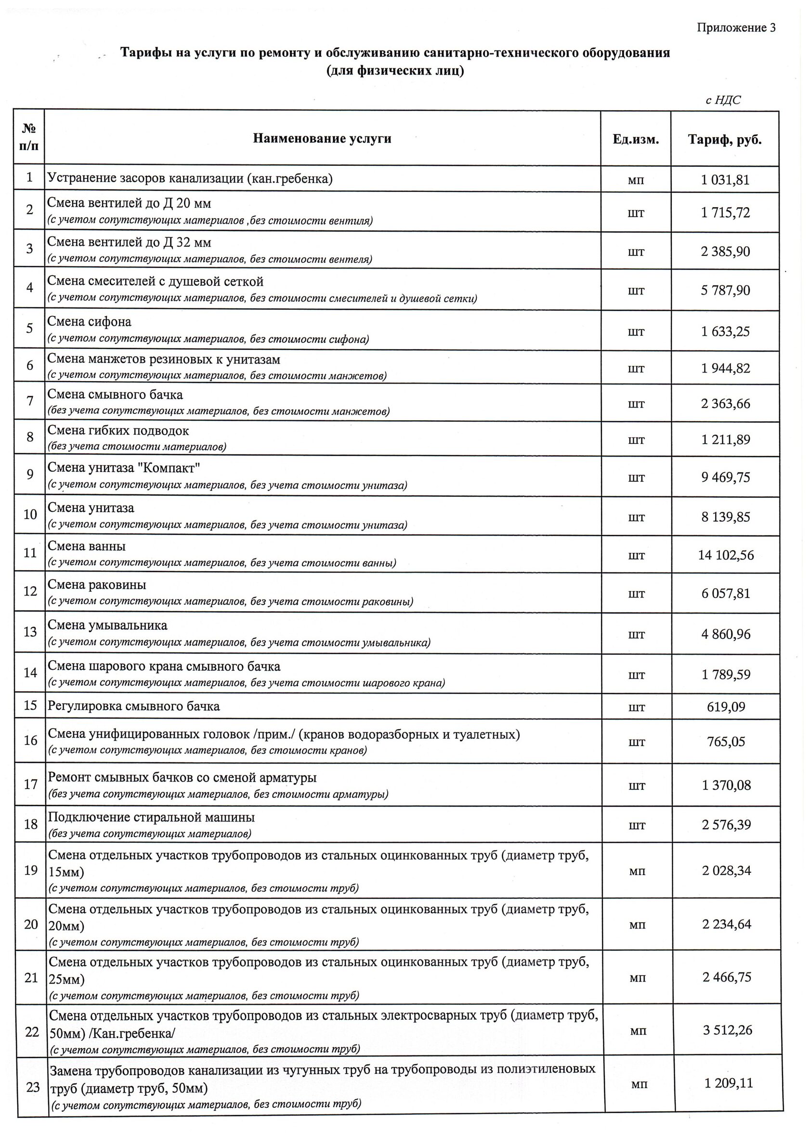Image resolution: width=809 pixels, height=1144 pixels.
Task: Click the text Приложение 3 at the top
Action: click(736, 27)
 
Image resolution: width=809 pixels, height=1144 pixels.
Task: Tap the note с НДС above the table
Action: click(723, 100)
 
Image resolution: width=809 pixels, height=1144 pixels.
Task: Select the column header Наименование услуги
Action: click(322, 139)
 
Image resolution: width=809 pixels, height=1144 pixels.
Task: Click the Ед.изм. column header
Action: click(636, 140)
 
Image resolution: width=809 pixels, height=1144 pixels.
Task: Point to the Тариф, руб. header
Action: click(725, 140)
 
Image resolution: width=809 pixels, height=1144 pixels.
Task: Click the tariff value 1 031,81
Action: click(725, 179)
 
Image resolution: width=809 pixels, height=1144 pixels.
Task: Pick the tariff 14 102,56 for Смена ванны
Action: click(726, 555)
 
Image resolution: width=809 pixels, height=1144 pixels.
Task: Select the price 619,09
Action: click(726, 707)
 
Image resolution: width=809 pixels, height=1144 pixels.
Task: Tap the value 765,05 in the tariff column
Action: click(726, 742)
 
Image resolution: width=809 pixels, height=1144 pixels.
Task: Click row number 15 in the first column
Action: click(30, 705)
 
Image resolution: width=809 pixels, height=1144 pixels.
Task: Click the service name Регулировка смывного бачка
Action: click(133, 706)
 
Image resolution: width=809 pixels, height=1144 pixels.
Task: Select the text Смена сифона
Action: click(89, 322)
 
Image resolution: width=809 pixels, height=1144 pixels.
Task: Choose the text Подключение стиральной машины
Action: click(151, 817)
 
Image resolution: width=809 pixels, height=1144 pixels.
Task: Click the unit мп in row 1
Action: click(636, 180)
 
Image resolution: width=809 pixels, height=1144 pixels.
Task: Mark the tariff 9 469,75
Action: click(726, 477)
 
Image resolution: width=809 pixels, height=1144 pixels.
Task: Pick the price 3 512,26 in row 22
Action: click(727, 1030)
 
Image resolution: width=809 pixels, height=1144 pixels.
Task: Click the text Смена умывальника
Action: click(107, 625)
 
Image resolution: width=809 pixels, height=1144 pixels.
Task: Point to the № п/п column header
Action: click(29, 138)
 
